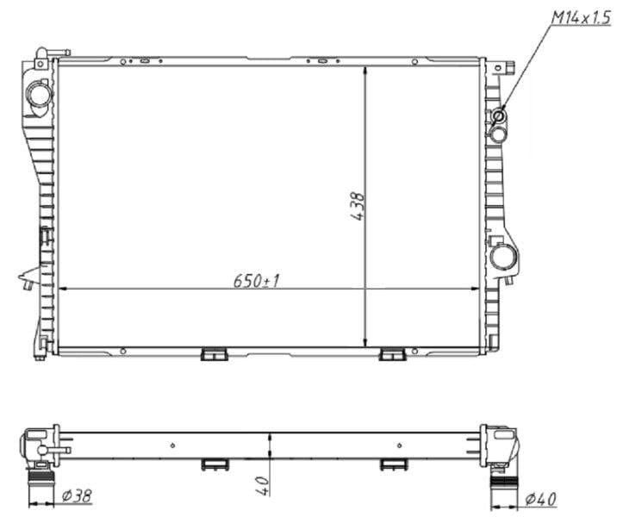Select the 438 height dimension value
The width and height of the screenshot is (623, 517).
pos(358,207)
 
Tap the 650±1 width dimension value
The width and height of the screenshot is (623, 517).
pos(256,280)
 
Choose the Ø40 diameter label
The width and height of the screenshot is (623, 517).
pos(540,498)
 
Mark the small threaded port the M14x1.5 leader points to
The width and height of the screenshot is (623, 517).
pos(498,115)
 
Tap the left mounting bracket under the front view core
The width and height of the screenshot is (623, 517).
pos(213,354)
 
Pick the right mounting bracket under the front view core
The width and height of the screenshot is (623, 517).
pos(392,354)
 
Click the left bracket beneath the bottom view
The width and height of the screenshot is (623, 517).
pos(213,464)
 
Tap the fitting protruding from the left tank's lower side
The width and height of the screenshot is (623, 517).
pos(28,277)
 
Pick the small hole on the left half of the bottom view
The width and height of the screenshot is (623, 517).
pos(173,445)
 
